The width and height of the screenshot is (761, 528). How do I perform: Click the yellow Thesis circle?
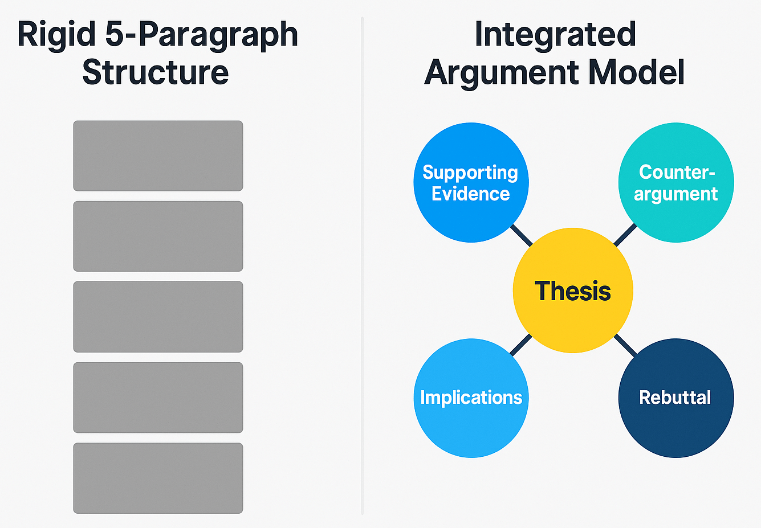573,290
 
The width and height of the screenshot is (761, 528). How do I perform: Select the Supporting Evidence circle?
471,182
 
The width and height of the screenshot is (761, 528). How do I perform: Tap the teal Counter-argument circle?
676,182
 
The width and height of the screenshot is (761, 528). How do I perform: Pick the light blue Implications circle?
471,398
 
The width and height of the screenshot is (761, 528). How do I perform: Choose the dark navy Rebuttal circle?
676,398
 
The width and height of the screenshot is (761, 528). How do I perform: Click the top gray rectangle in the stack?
158,155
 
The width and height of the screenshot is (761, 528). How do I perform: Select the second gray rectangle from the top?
158,236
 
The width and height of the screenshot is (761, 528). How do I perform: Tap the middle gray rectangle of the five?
158,317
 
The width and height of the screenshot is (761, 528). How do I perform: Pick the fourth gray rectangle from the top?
158,398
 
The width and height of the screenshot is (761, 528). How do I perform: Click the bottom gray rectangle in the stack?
158,478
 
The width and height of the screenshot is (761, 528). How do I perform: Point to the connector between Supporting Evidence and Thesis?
521,235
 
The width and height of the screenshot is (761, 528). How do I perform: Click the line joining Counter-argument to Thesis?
625,235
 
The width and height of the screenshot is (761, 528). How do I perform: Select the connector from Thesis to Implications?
521,345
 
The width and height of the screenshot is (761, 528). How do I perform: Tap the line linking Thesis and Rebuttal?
625,345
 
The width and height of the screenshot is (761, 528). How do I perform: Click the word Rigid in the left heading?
56,35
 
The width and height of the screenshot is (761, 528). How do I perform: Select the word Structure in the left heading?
155,73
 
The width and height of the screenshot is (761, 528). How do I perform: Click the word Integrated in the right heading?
555,35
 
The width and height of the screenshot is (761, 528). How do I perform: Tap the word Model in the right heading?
636,73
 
